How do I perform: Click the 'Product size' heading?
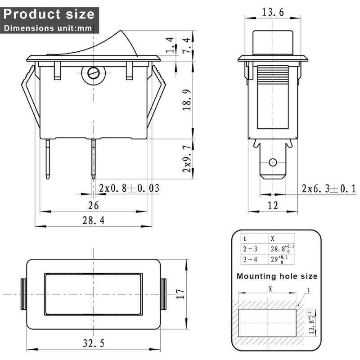click(49, 13)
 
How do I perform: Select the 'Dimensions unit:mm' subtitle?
click(48, 28)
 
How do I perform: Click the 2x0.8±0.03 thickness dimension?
click(129, 188)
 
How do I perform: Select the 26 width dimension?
click(94, 205)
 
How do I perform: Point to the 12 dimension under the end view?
click(273, 206)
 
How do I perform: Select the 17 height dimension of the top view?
click(180, 294)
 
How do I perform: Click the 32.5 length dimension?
click(94, 343)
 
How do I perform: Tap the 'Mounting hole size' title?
click(277, 276)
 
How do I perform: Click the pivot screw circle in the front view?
click(93, 73)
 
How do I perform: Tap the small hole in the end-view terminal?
click(272, 162)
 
